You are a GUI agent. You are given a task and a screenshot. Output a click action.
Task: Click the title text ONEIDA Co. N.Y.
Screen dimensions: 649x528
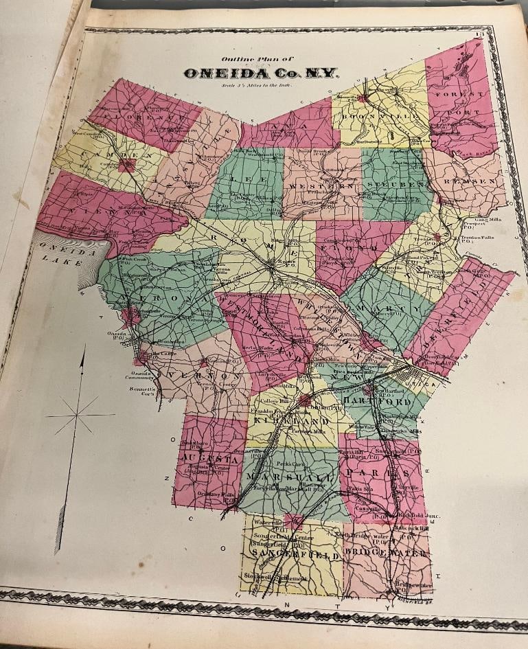(261, 73)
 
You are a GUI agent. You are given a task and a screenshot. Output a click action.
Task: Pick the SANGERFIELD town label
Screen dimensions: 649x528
(289, 554)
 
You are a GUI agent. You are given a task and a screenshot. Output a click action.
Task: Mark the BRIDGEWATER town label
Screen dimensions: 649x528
(388, 551)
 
